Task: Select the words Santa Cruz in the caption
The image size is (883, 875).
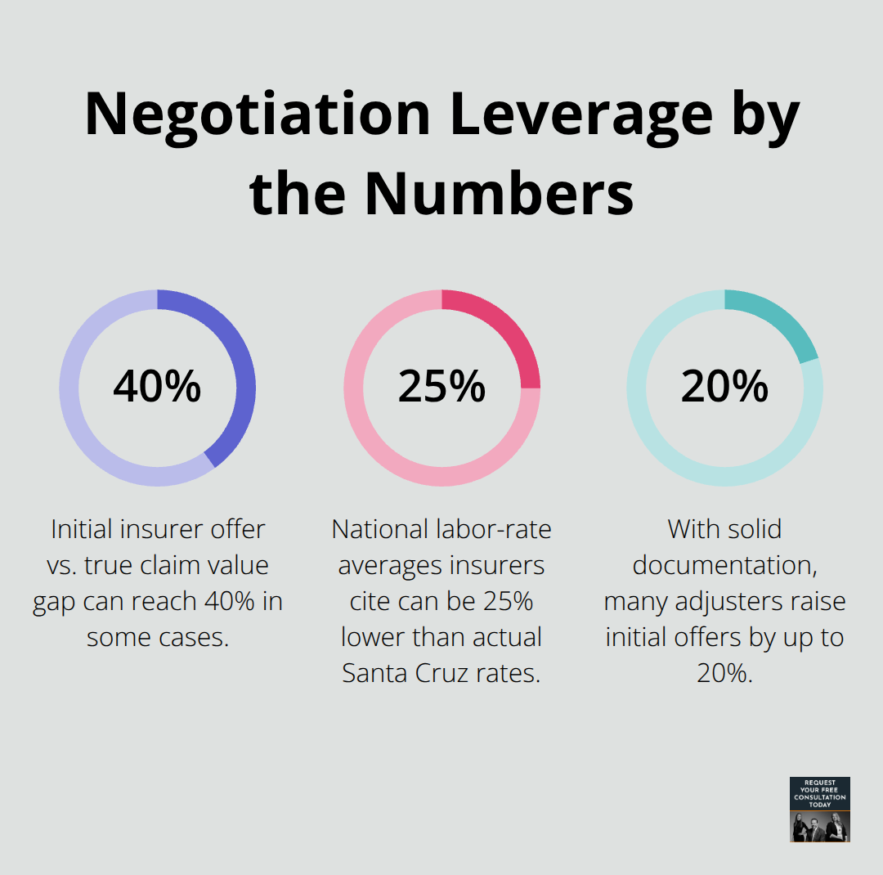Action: (401, 673)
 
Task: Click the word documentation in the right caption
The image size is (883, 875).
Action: (724, 565)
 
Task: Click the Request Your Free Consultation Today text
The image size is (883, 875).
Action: (820, 793)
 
